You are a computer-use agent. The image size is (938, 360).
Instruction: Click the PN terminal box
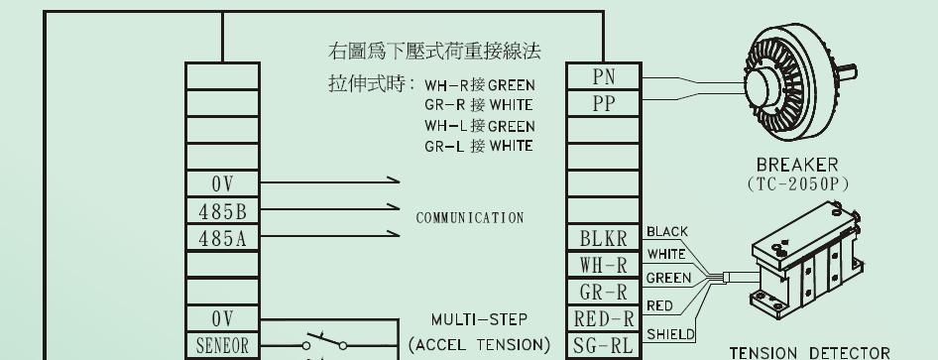click(x=604, y=76)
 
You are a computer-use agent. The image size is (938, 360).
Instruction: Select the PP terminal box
click(x=604, y=103)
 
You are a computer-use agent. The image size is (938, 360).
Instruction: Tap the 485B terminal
click(x=222, y=211)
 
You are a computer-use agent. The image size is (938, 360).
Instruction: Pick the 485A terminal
click(x=222, y=239)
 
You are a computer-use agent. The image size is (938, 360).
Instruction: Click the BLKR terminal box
click(x=604, y=239)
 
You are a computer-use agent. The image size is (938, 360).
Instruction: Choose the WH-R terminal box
click(x=604, y=266)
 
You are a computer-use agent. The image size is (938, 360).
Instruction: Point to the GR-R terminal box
click(x=604, y=293)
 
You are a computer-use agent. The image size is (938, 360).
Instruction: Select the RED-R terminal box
click(x=604, y=319)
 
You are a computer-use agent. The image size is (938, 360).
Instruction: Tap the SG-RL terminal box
click(x=604, y=346)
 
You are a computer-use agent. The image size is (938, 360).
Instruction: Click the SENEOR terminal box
click(x=222, y=346)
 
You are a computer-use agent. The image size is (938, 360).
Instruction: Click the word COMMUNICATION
click(x=470, y=217)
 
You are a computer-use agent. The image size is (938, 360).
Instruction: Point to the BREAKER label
click(x=797, y=165)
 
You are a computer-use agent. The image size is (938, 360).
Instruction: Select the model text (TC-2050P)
click(x=797, y=184)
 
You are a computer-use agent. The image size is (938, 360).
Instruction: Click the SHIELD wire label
click(x=670, y=334)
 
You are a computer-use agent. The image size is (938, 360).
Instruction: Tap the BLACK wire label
click(x=667, y=231)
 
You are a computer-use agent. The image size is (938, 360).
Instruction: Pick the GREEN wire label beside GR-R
click(x=669, y=278)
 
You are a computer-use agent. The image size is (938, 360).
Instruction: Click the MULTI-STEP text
click(x=479, y=319)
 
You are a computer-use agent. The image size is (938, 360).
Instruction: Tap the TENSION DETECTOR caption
click(x=809, y=353)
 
